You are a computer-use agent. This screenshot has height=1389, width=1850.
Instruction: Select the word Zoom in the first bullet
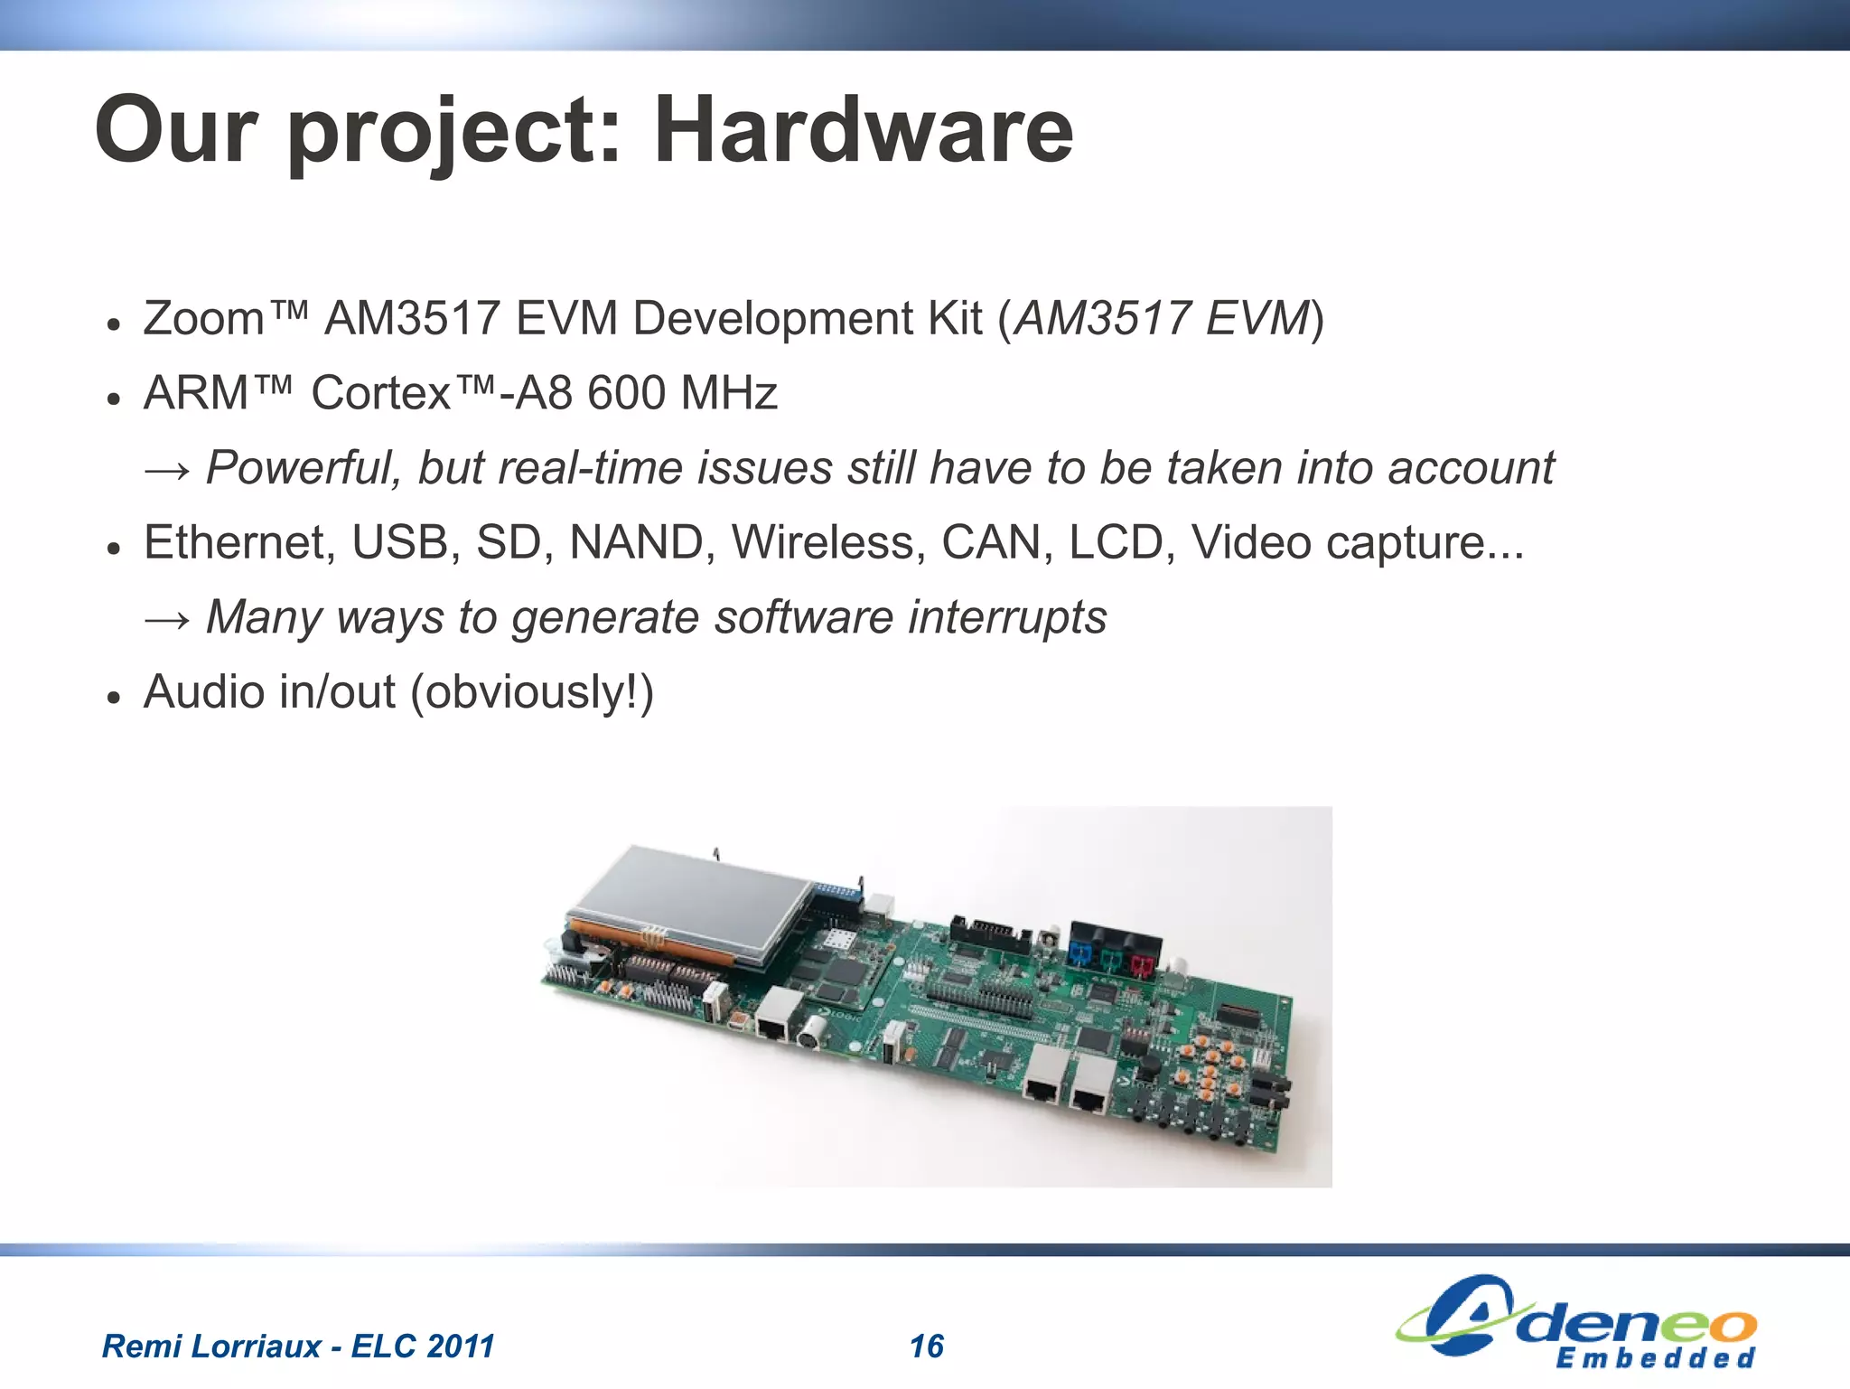pyautogui.click(x=203, y=319)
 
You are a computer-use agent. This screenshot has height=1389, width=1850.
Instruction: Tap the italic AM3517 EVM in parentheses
pyautogui.click(x=1161, y=319)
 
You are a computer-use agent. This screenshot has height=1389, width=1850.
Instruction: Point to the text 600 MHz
pyautogui.click(x=682, y=393)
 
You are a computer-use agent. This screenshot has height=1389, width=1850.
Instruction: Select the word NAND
pyautogui.click(x=637, y=542)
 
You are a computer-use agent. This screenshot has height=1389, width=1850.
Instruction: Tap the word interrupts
pyautogui.click(x=1007, y=617)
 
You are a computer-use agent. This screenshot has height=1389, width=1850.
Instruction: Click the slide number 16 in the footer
pyautogui.click(x=927, y=1347)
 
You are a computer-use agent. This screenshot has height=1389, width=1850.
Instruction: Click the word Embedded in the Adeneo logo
pyautogui.click(x=1655, y=1358)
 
